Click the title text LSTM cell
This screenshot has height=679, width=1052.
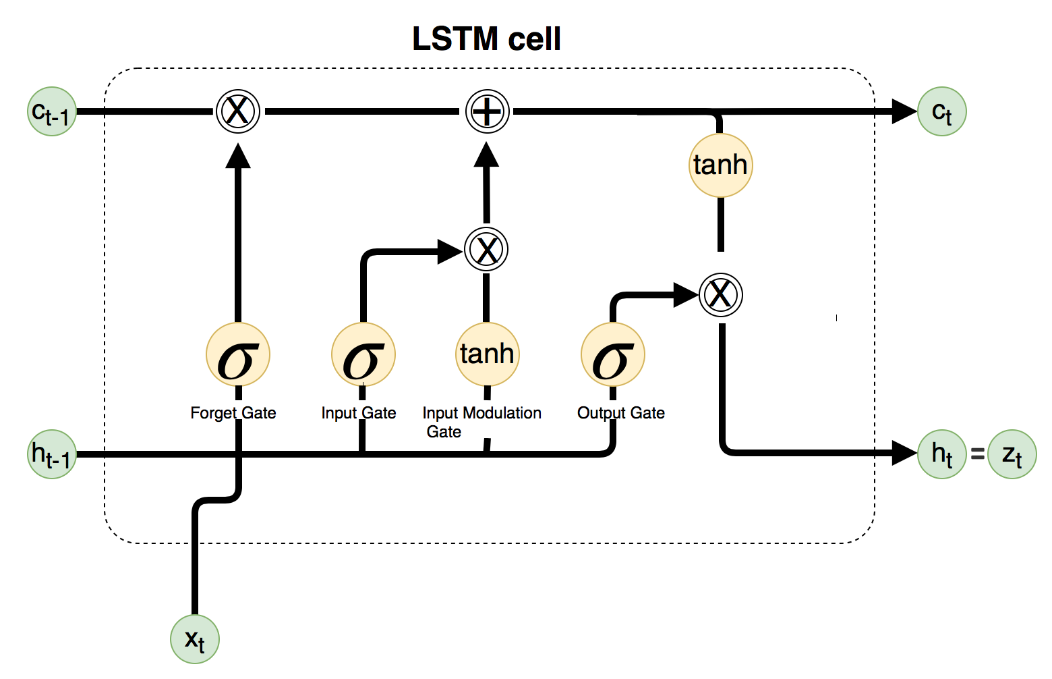[486, 38]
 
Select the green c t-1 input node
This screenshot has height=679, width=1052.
[52, 111]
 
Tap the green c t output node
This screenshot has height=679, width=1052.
[941, 111]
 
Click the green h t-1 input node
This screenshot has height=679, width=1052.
[52, 454]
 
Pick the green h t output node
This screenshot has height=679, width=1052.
[941, 454]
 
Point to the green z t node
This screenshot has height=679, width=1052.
[1012, 454]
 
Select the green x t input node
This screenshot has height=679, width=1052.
[195, 639]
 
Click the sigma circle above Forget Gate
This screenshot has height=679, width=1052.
[238, 354]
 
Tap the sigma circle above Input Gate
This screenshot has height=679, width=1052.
[363, 354]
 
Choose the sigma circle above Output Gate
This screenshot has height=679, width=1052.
[613, 354]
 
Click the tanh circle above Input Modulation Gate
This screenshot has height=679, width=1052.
[487, 354]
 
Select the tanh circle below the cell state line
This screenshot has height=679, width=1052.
[721, 165]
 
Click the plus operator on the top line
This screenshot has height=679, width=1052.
[487, 111]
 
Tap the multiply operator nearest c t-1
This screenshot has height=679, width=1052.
[238, 111]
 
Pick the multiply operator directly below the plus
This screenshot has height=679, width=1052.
[486, 249]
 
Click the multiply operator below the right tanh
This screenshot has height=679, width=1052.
[721, 295]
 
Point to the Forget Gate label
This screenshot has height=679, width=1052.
[233, 413]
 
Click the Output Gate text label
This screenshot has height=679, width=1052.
[621, 413]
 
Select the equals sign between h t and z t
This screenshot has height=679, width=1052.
[977, 454]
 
